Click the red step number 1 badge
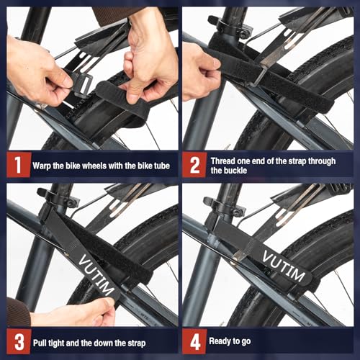(x=17, y=164)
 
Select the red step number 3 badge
(x=17, y=341)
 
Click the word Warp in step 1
(x=45, y=165)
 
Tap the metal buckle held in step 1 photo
(x=81, y=84)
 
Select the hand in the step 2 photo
(x=200, y=68)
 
